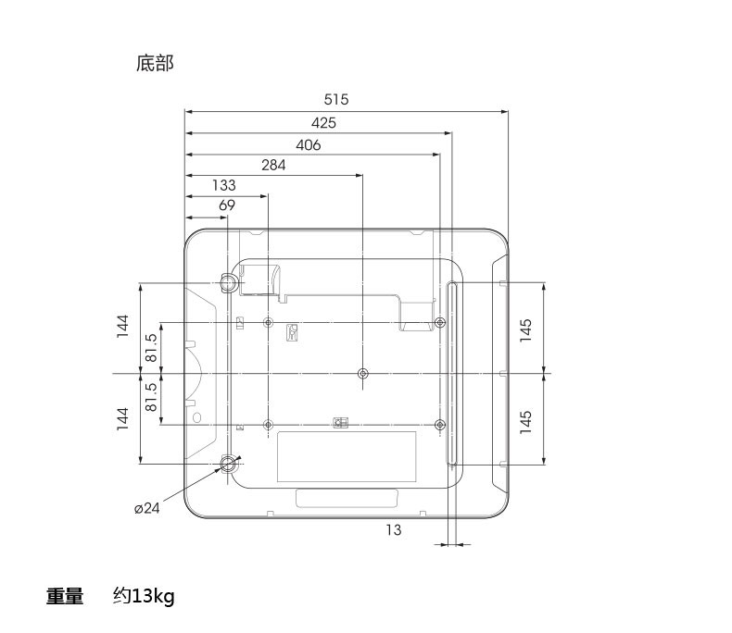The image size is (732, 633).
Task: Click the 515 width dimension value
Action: click(336, 100)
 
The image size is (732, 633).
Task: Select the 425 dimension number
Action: click(323, 122)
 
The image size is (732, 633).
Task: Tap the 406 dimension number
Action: click(308, 144)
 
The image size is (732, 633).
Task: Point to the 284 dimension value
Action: click(273, 165)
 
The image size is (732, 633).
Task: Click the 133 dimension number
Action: click(223, 185)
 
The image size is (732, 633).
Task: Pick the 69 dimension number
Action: click(227, 205)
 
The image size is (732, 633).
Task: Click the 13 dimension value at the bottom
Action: click(394, 530)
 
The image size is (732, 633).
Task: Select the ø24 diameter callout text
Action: click(147, 508)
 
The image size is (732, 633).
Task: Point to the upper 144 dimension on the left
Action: click(122, 326)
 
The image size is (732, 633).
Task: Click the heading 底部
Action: click(155, 63)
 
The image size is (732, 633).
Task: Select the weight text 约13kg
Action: click(144, 596)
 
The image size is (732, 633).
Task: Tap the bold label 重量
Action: click(66, 596)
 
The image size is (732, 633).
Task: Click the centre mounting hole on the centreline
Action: click(362, 374)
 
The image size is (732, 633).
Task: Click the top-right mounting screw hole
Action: click(440, 323)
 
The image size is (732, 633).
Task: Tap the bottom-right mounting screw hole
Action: click(440, 425)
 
